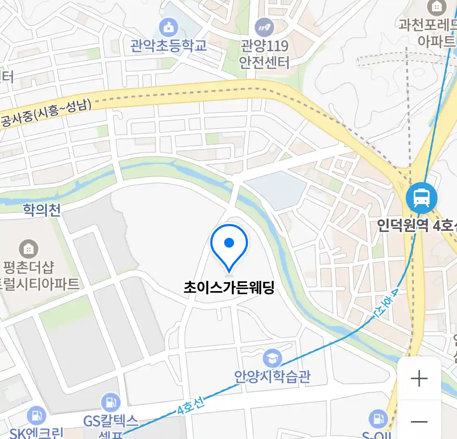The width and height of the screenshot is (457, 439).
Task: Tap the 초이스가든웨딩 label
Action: (229, 288)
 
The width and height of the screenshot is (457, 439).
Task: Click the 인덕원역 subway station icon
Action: (421, 198)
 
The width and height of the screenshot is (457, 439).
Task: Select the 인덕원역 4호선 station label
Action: (417, 225)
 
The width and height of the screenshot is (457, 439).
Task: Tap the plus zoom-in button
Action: (419, 379)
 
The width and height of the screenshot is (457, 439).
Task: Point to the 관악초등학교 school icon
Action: (168, 27)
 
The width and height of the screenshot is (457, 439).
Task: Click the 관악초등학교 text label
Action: (168, 45)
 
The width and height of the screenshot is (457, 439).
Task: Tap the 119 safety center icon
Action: (264, 28)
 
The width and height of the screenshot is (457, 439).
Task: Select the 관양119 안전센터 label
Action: (264, 54)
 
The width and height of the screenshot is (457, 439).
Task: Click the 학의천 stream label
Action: (42, 210)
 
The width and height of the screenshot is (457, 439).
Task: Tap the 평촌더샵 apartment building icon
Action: (28, 249)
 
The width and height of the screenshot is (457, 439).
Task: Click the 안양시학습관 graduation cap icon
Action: (272, 358)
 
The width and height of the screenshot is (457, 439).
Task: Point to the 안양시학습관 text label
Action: (272, 376)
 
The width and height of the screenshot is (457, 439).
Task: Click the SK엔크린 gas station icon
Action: (37, 416)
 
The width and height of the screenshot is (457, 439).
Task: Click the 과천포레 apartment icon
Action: (437, 7)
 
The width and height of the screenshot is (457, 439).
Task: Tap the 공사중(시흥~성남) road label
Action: (47, 113)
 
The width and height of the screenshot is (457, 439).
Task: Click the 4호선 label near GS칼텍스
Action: (191, 406)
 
